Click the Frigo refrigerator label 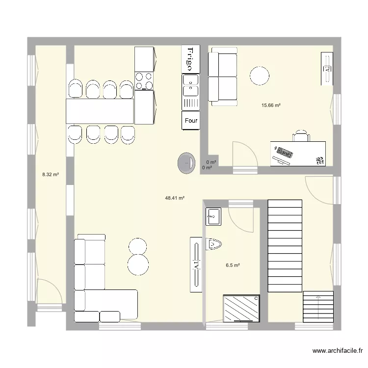pos(190,59)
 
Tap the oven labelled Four pos(190,121)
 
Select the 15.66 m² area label pos(271,105)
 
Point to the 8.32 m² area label pos(51,174)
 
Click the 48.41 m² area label pos(175,198)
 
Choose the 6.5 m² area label pos(233,265)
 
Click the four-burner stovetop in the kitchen pos(144,81)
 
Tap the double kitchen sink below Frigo pos(190,85)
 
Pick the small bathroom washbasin pos(213,216)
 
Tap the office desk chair pos(301,136)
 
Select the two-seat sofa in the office pos(223,77)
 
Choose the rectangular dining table pos(100,111)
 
